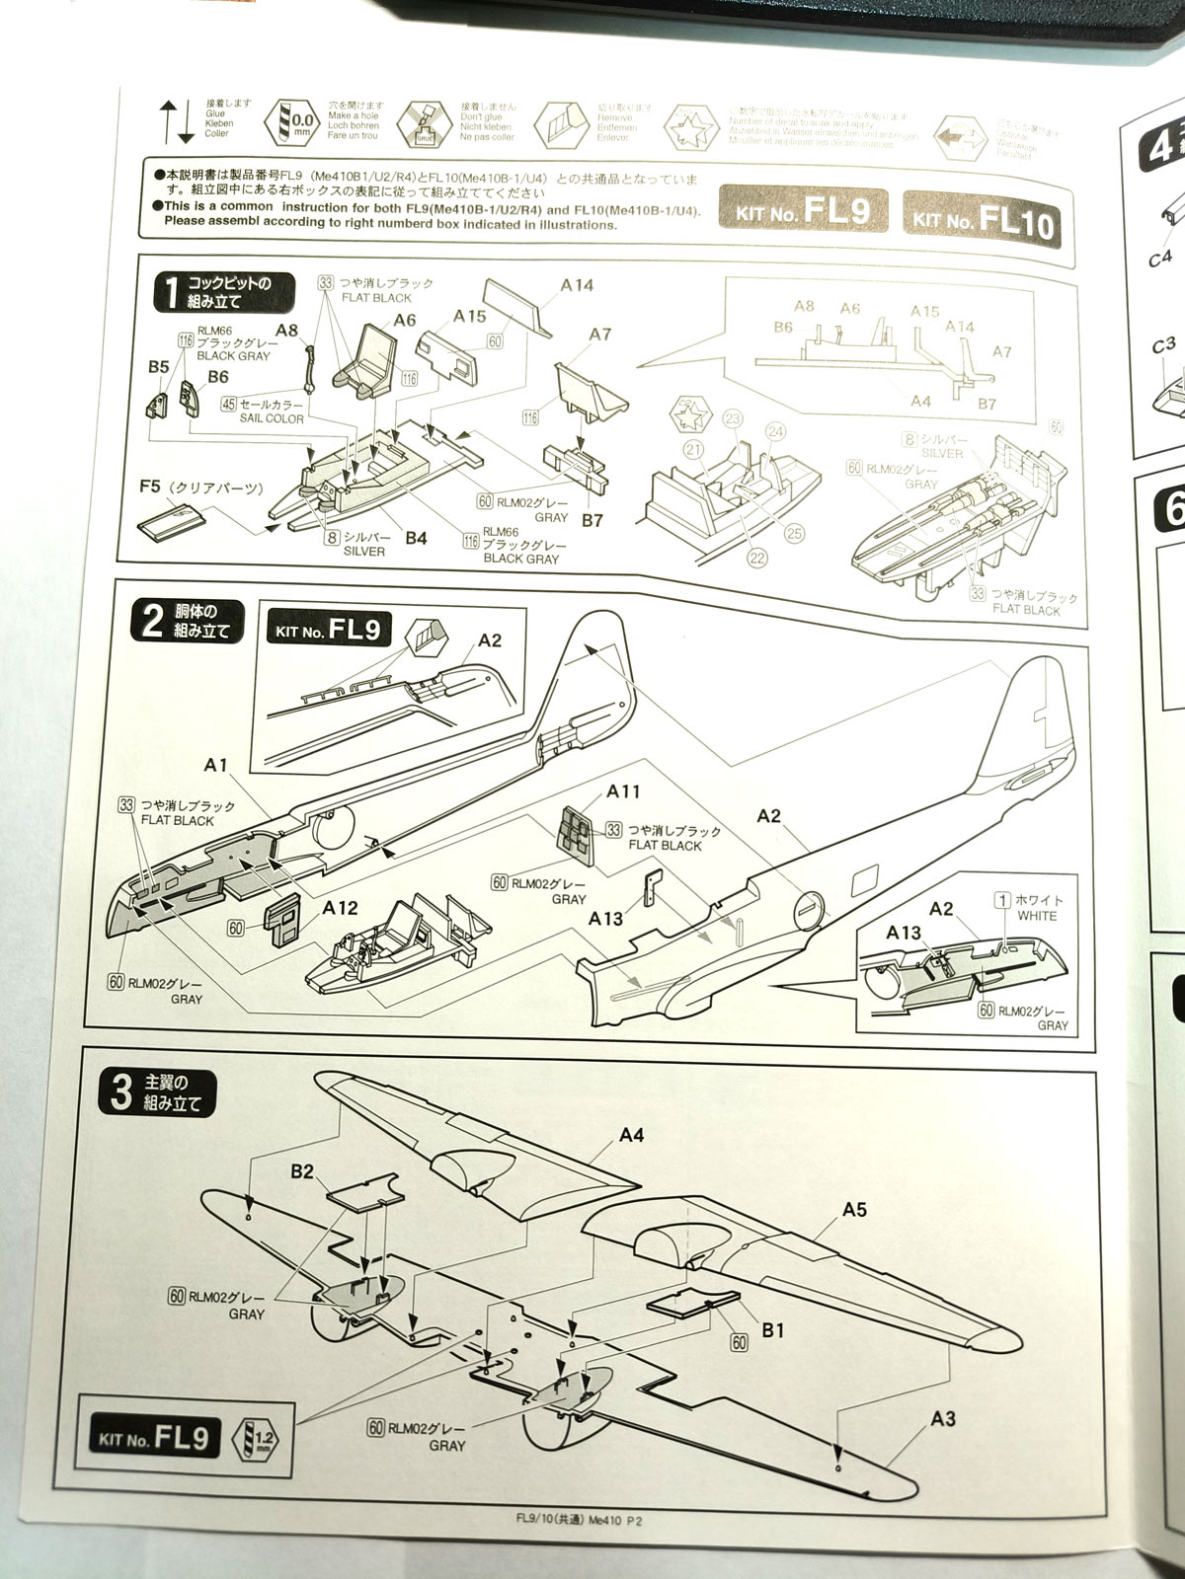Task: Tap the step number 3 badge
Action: tap(122, 1092)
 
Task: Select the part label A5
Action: tap(854, 1209)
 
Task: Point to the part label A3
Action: tap(943, 1418)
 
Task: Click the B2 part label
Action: tap(301, 1171)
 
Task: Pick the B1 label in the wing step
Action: tap(772, 1329)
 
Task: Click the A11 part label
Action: tap(623, 791)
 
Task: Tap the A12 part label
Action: tap(340, 908)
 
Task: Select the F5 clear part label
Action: tap(150, 487)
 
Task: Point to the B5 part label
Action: tap(158, 367)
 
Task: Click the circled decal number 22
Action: tap(757, 558)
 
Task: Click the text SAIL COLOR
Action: tap(271, 418)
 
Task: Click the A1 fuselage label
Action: tap(216, 765)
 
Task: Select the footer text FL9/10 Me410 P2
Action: tap(573, 1522)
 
